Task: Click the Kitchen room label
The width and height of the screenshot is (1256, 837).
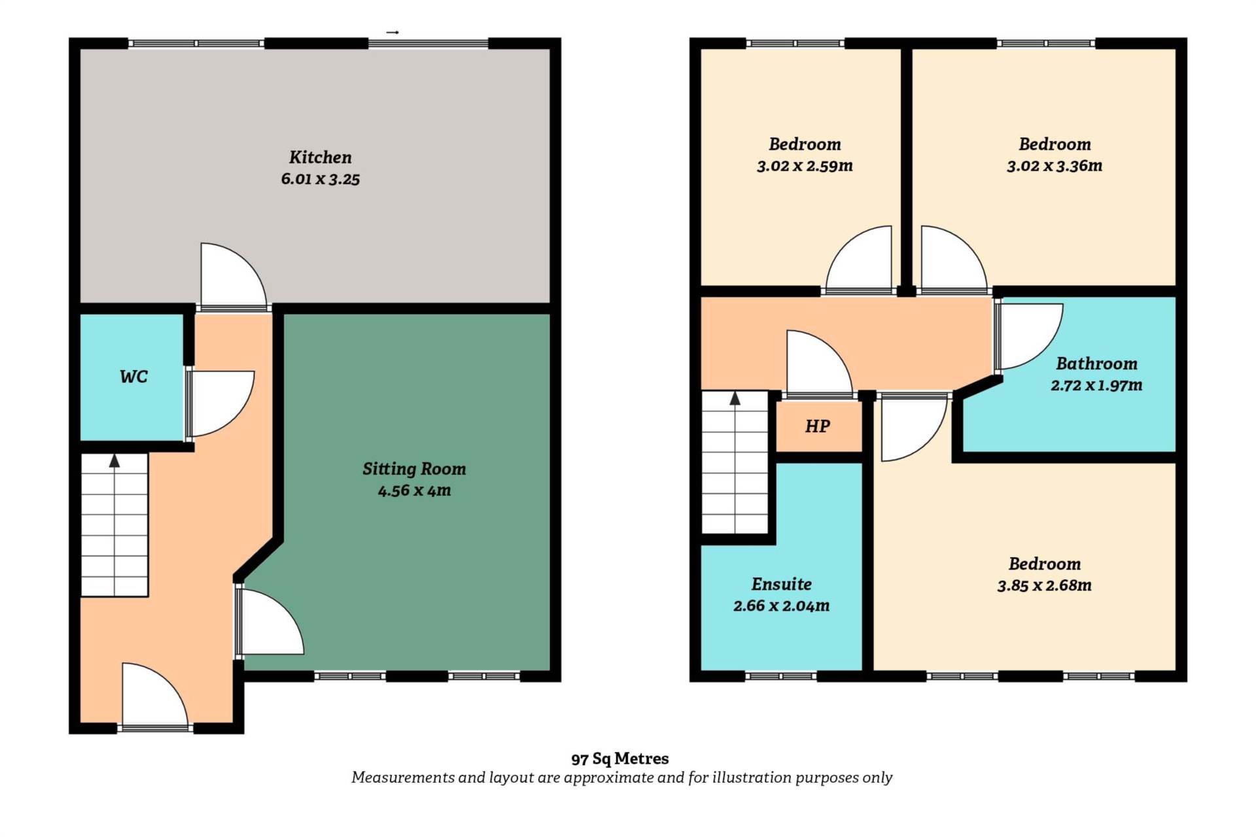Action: [x=321, y=157]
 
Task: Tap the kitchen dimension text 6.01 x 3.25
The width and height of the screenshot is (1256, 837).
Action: [x=321, y=179]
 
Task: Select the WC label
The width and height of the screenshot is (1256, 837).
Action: [x=133, y=377]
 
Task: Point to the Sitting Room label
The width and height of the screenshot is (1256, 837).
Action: [x=414, y=469]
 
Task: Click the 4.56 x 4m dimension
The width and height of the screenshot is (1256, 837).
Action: [x=414, y=490]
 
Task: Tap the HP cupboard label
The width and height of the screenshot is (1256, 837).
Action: [x=818, y=426]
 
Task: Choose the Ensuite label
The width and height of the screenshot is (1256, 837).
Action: [x=782, y=584]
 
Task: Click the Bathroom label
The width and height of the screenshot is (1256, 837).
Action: [x=1096, y=364]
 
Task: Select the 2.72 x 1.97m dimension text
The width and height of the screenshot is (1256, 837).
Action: [x=1096, y=385]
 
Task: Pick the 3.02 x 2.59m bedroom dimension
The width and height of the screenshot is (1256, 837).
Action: [x=805, y=166]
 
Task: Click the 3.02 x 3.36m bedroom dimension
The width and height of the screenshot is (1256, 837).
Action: [x=1055, y=166]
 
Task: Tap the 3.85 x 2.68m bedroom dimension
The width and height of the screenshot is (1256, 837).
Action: [x=1044, y=586]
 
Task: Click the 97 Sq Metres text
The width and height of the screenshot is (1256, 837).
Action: [x=620, y=759]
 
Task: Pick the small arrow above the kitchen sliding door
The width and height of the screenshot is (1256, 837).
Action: [x=392, y=32]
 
